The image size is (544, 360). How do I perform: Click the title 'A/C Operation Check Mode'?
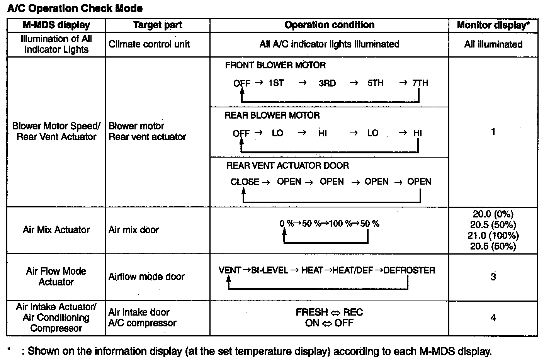(x=75, y=8)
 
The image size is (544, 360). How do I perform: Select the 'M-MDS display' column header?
(x=56, y=25)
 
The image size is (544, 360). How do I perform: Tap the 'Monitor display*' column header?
(x=493, y=25)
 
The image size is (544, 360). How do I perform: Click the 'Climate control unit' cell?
(x=149, y=44)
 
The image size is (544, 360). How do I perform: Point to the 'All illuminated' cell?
(x=493, y=44)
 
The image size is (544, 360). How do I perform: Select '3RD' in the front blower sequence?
(x=327, y=83)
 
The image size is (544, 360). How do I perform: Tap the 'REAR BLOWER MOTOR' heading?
(x=272, y=115)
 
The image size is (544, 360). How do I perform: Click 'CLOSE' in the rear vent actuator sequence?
(x=245, y=182)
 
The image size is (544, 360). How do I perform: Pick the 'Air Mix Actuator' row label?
(x=56, y=230)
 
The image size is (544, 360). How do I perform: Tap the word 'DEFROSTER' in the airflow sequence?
(x=410, y=270)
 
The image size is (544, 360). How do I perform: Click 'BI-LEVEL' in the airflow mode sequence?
(x=270, y=270)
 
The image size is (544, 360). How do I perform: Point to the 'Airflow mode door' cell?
(x=146, y=277)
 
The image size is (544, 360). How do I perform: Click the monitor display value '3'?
(x=493, y=277)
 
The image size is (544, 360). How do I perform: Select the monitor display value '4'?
(x=493, y=318)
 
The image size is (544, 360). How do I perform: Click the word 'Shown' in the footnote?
(x=41, y=352)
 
